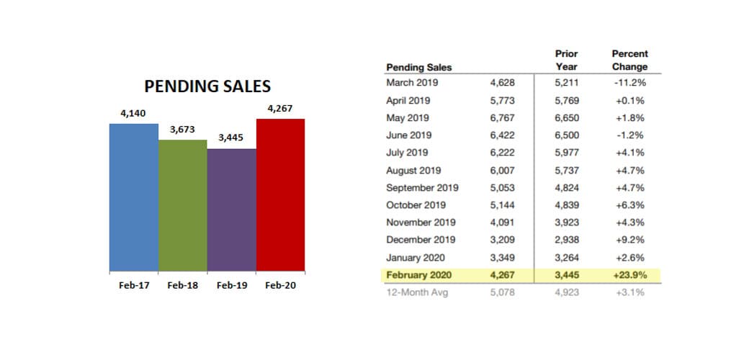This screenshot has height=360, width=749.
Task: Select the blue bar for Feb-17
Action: (133, 198)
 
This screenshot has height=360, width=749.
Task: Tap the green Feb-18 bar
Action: (182, 205)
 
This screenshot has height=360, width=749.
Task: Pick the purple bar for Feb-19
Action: (231, 210)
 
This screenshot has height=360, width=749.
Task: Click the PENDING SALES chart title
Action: (207, 86)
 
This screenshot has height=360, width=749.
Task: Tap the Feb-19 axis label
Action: (232, 285)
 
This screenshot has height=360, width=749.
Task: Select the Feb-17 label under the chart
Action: (134, 285)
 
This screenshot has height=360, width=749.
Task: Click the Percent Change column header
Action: (629, 60)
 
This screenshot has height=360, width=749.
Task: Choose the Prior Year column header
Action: (566, 60)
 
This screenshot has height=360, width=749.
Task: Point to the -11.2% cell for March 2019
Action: (629, 83)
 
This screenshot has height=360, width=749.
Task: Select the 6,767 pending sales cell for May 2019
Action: (502, 117)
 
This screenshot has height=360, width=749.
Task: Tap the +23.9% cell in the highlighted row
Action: (629, 275)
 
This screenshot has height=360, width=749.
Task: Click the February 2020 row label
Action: (418, 275)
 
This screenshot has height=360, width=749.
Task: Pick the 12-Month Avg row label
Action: (417, 292)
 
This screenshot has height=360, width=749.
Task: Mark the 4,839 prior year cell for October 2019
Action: (566, 205)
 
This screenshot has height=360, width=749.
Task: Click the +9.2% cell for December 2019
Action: (630, 240)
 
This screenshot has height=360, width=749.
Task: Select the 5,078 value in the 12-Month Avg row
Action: (502, 292)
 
